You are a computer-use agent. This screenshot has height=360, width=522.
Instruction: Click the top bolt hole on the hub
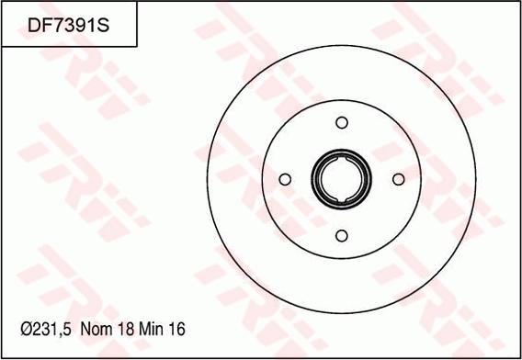(x=342, y=122)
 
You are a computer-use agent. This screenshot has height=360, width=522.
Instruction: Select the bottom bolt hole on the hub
(x=342, y=236)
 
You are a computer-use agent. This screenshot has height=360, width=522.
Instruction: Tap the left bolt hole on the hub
(x=285, y=179)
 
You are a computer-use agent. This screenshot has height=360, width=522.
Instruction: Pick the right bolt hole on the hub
(x=399, y=179)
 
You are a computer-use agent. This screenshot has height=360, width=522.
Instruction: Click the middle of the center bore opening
(x=342, y=179)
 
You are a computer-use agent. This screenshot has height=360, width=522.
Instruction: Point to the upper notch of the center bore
(x=342, y=160)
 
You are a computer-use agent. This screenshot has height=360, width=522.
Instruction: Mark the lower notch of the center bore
(x=342, y=199)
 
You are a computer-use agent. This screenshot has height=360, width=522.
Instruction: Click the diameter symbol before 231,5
(x=27, y=330)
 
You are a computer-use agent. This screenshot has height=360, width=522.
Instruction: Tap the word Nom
(x=96, y=330)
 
